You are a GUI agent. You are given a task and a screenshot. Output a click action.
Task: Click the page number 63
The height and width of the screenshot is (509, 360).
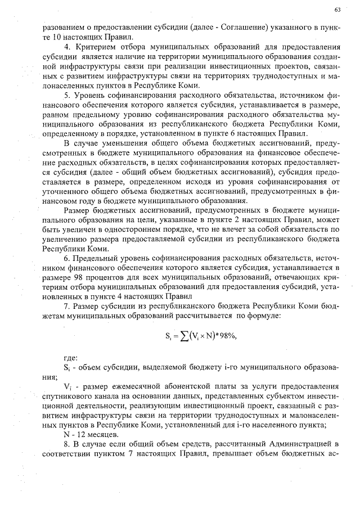coord(337,10)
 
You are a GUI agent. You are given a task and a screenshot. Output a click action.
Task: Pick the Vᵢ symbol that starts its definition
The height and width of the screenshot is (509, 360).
coord(67,387)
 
